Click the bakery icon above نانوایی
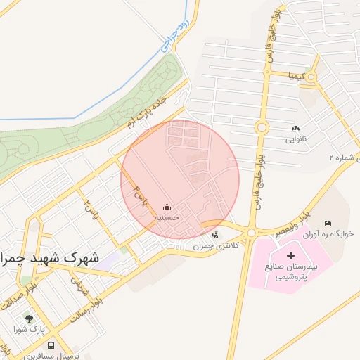[295, 128]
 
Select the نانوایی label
[296, 139]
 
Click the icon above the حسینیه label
[167, 207]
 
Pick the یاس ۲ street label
[89, 208]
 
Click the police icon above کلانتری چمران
[215, 235]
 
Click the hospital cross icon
[292, 252]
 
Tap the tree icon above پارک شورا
[29, 319]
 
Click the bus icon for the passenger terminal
[51, 345]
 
